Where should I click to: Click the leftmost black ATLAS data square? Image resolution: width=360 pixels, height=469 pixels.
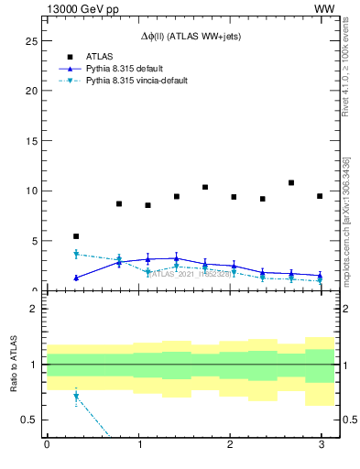(76, 236)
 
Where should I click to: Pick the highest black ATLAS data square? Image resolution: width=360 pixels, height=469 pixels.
(291, 183)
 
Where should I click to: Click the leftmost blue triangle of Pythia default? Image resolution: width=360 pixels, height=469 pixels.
(76, 278)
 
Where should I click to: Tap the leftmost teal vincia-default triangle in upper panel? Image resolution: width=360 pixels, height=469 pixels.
(76, 254)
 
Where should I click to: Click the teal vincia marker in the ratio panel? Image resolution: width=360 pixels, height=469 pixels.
(76, 397)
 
